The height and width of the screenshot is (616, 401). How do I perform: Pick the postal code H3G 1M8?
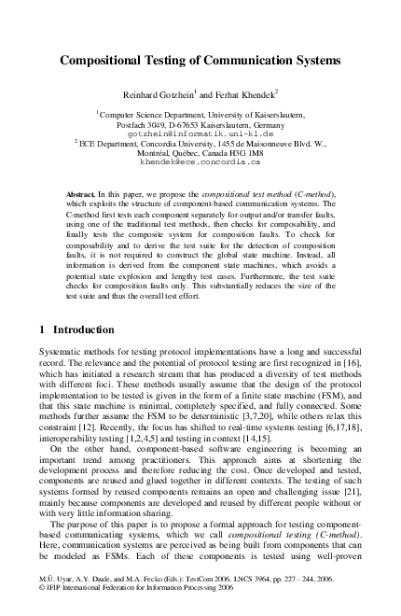point(245,152)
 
